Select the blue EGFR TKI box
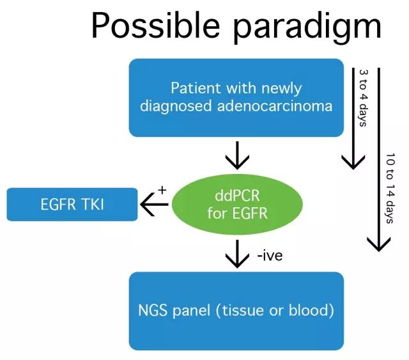pos(72,204)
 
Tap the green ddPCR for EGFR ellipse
pos(236,204)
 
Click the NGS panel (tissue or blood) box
pos(236,311)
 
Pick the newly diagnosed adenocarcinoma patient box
pos(236,97)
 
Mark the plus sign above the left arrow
pos(162,191)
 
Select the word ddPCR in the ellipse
pos(236,194)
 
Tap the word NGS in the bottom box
pos(152,311)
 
